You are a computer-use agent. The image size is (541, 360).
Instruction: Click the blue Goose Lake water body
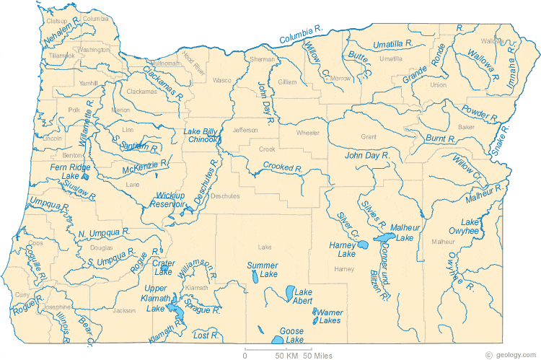278,339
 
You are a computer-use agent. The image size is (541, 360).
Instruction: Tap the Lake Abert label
303,297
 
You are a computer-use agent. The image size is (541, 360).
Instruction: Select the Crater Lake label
163,268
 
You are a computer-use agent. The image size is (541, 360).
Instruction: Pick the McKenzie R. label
145,166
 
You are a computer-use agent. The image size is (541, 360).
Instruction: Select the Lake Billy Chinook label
201,135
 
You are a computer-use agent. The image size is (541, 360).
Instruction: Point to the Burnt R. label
440,137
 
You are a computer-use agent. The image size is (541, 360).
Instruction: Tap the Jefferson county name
245,130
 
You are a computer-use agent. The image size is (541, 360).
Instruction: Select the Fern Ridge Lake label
68,171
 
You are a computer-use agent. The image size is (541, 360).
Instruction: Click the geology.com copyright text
512,355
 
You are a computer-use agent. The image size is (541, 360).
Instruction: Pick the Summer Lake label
262,270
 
